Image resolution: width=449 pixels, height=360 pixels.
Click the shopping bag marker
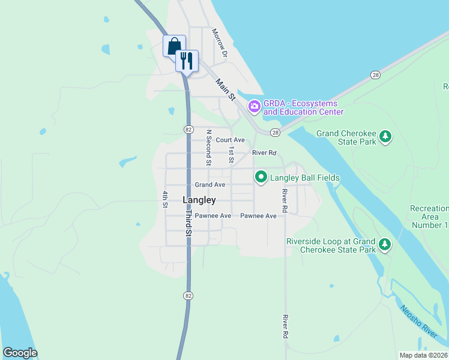point(174,46)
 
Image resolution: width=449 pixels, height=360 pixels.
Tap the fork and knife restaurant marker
point(187,61)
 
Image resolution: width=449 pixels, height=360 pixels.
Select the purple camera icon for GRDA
point(255,107)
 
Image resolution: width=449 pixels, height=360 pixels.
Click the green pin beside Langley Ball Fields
point(261,177)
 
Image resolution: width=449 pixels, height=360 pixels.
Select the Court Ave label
point(231,140)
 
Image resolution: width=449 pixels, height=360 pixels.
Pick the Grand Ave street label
point(210,185)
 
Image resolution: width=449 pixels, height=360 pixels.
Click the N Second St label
point(208,148)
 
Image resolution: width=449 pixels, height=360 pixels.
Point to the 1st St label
point(231,154)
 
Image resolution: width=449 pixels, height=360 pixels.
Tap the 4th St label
point(164,199)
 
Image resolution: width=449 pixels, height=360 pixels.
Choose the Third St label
point(188,222)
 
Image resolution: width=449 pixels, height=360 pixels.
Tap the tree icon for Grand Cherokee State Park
point(385,137)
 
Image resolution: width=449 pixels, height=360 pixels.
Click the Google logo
point(20,353)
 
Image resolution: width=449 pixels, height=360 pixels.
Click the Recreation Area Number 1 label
point(429,217)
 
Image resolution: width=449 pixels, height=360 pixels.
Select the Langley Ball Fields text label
point(305,178)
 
